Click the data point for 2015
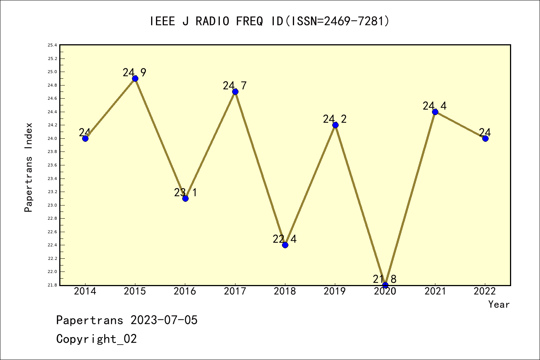click(135, 78)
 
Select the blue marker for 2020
click(385, 285)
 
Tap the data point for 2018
click(285, 245)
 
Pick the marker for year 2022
click(485, 138)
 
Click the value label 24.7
click(235, 86)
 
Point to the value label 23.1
click(185, 193)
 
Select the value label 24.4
click(435, 106)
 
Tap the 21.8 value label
click(384, 279)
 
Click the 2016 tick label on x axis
click(185, 291)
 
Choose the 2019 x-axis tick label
click(335, 291)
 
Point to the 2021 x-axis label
click(435, 291)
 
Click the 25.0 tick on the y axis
click(52, 72)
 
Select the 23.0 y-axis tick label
click(52, 205)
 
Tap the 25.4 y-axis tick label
click(52, 45)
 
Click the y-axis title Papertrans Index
click(28, 167)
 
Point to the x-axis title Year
click(499, 304)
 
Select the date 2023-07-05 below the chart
click(164, 320)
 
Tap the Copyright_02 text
click(96, 339)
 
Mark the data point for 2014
click(85, 138)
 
